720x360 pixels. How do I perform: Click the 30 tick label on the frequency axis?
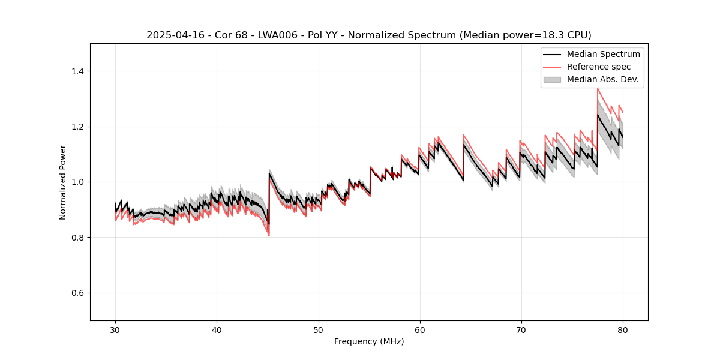coord(115,329)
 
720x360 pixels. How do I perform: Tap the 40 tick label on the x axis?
coord(217,329)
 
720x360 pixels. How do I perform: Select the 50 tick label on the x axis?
coord(318,329)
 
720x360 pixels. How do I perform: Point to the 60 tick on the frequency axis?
coord(419,329)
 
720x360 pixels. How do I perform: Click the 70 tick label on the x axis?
coord(521,329)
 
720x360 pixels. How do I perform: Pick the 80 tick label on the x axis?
coord(622,329)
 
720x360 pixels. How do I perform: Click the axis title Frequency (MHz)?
coord(369,341)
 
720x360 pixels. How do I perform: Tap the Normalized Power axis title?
coord(63,182)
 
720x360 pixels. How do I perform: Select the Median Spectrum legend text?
coord(603,54)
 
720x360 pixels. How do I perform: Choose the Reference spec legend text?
coord(599,67)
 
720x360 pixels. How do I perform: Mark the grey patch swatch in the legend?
coord(552,79)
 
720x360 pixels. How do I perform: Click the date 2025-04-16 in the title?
coord(175,35)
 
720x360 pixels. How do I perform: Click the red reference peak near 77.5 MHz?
coord(598,89)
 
